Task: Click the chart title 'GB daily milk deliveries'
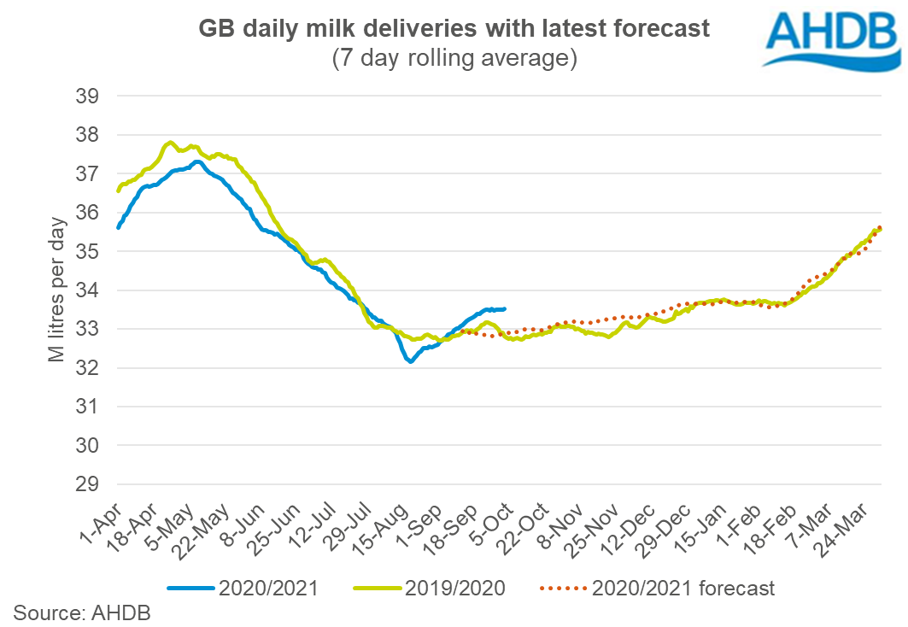pyautogui.click(x=454, y=29)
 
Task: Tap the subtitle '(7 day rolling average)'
pyautogui.click(x=454, y=58)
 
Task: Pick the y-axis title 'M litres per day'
pyautogui.click(x=56, y=290)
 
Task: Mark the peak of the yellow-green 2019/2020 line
pyautogui.click(x=171, y=143)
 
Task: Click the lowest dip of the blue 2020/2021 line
pyautogui.click(x=411, y=362)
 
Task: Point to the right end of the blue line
pyautogui.click(x=505, y=308)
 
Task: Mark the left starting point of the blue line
pyautogui.click(x=118, y=228)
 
